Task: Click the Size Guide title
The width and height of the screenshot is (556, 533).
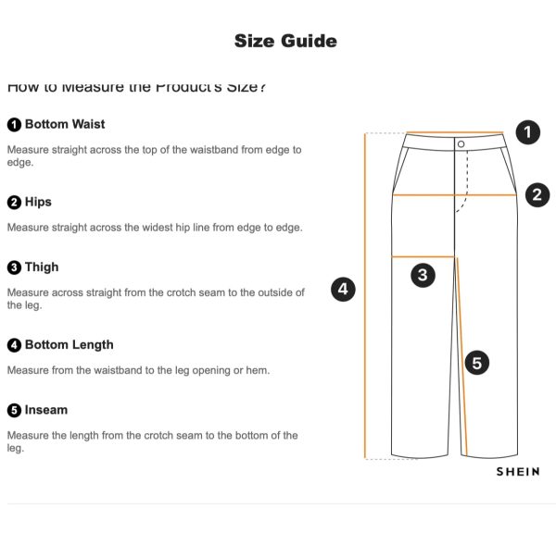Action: point(285,41)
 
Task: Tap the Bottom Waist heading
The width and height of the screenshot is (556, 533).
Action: point(64,124)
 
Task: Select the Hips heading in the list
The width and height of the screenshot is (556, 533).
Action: point(38,202)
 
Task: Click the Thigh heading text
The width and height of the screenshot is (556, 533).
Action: point(42,266)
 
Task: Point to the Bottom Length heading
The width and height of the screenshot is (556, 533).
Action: point(69,344)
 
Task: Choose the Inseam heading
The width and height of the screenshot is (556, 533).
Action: point(46,409)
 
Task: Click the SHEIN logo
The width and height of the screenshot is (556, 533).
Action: point(517,471)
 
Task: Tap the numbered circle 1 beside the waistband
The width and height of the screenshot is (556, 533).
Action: point(527,132)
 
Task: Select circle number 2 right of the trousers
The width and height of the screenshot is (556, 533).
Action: point(537,194)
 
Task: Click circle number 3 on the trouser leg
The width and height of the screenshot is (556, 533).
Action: point(423,274)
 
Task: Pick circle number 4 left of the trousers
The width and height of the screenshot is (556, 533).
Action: point(344,290)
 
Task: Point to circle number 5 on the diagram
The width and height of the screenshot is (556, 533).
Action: point(476,363)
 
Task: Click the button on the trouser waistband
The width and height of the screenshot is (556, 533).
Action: point(461,143)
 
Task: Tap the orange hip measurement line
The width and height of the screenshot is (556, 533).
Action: point(453,195)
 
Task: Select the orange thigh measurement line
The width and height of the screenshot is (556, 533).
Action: point(423,255)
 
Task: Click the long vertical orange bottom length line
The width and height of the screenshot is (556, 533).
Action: point(366,296)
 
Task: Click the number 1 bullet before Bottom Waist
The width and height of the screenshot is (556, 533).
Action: point(14,124)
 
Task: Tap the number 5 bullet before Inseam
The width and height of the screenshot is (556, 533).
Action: point(14,409)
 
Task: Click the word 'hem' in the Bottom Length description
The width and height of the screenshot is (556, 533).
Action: point(256,370)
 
